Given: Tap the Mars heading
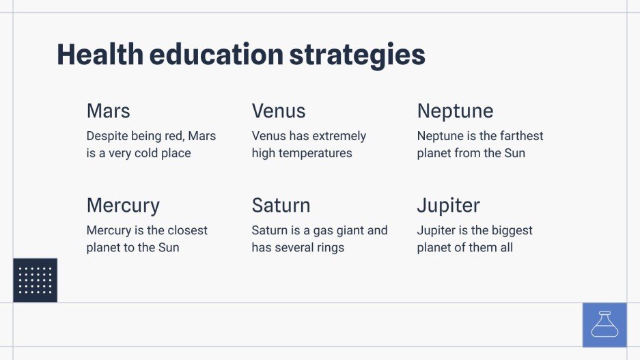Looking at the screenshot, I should point(108,111).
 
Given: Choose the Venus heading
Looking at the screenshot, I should point(279,111).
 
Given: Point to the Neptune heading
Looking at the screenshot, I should point(455,111).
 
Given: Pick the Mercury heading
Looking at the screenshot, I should point(123,206).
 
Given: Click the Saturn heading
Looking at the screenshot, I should point(281,205).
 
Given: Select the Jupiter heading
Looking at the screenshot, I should point(448,206).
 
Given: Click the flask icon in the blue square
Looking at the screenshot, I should point(604,324).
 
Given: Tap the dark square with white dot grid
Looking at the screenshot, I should point(35,280).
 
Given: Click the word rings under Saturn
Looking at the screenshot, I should point(326,247).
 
